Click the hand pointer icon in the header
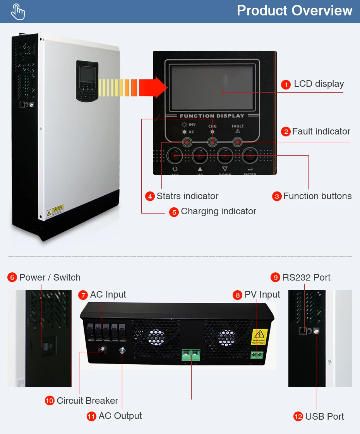(18, 12)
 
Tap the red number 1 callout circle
(286, 84)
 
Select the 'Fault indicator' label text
(321, 131)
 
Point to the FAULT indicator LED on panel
(237, 142)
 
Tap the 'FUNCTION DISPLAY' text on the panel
(212, 116)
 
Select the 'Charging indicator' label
(218, 211)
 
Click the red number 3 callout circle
(276, 196)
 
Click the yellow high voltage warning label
(259, 337)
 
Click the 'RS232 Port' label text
(306, 277)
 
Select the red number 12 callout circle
(298, 417)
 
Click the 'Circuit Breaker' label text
(87, 401)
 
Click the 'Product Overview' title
(295, 10)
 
